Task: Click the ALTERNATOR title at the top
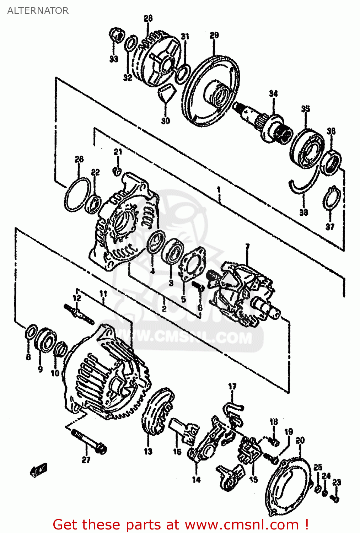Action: (38, 11)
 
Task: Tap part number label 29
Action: (214, 35)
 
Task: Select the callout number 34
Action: (273, 93)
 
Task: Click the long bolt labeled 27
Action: (89, 441)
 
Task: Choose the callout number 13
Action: (148, 451)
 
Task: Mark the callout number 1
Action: (219, 190)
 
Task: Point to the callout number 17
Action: (232, 386)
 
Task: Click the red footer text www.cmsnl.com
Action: (242, 524)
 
